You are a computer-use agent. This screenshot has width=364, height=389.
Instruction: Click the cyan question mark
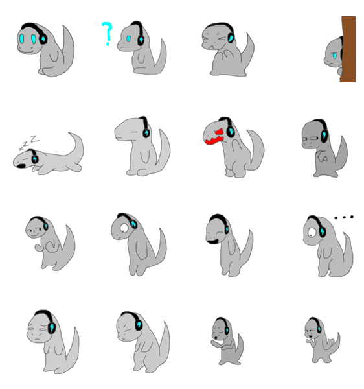pyautogui.click(x=107, y=34)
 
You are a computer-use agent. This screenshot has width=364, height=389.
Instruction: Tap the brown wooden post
pyautogui.click(x=348, y=49)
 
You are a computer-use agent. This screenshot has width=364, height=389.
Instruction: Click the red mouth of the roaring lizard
pyautogui.click(x=215, y=137)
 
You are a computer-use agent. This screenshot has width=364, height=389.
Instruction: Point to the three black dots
pyautogui.click(x=344, y=217)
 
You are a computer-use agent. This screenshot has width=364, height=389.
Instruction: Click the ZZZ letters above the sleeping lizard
pyautogui.click(x=29, y=142)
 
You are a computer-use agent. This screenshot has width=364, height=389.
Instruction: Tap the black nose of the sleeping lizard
pyautogui.click(x=21, y=166)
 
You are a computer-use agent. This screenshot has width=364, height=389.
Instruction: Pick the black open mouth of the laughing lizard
pyautogui.click(x=212, y=241)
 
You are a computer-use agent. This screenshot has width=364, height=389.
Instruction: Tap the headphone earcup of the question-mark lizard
pyautogui.click(x=141, y=40)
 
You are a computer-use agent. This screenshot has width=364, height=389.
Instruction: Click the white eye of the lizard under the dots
pyautogui.click(x=312, y=232)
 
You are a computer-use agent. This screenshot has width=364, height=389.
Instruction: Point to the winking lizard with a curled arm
pyautogui.click(x=51, y=243)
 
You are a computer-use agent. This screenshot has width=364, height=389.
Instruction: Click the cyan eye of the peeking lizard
pyautogui.click(x=334, y=56)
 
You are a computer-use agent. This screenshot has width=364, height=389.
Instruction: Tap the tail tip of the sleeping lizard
pyautogui.click(x=70, y=134)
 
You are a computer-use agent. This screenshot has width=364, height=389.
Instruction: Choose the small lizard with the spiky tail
pyautogui.click(x=322, y=340)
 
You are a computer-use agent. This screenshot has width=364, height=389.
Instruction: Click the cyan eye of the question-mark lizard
pyautogui.click(x=128, y=39)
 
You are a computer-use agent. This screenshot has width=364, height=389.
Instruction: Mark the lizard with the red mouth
pyautogui.click(x=233, y=147)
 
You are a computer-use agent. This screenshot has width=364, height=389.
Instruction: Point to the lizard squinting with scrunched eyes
pyautogui.click(x=228, y=49)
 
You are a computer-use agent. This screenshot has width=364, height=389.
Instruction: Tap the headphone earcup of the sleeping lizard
pyautogui.click(x=35, y=158)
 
